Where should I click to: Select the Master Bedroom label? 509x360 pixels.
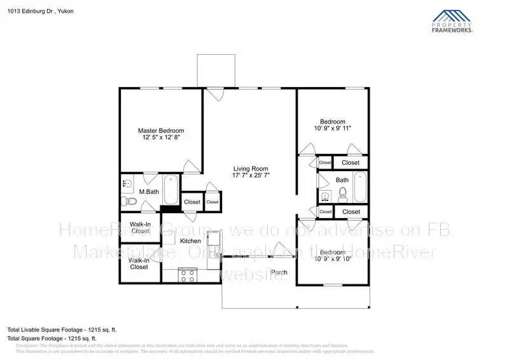point(161,130)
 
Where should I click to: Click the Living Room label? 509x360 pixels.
point(249,168)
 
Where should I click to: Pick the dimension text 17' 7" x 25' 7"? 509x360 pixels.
point(249,176)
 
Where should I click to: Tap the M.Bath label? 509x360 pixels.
point(149,191)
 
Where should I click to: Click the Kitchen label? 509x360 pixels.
point(190,241)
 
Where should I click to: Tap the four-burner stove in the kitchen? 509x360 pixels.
point(188,275)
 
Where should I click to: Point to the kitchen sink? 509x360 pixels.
point(215,239)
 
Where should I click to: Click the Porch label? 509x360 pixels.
point(279,272)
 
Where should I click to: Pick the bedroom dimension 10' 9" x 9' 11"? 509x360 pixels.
point(333,128)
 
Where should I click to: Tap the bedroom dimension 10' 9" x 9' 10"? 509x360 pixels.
point(333,259)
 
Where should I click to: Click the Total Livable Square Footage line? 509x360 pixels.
point(62,329)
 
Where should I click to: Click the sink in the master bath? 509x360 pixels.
point(125,183)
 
